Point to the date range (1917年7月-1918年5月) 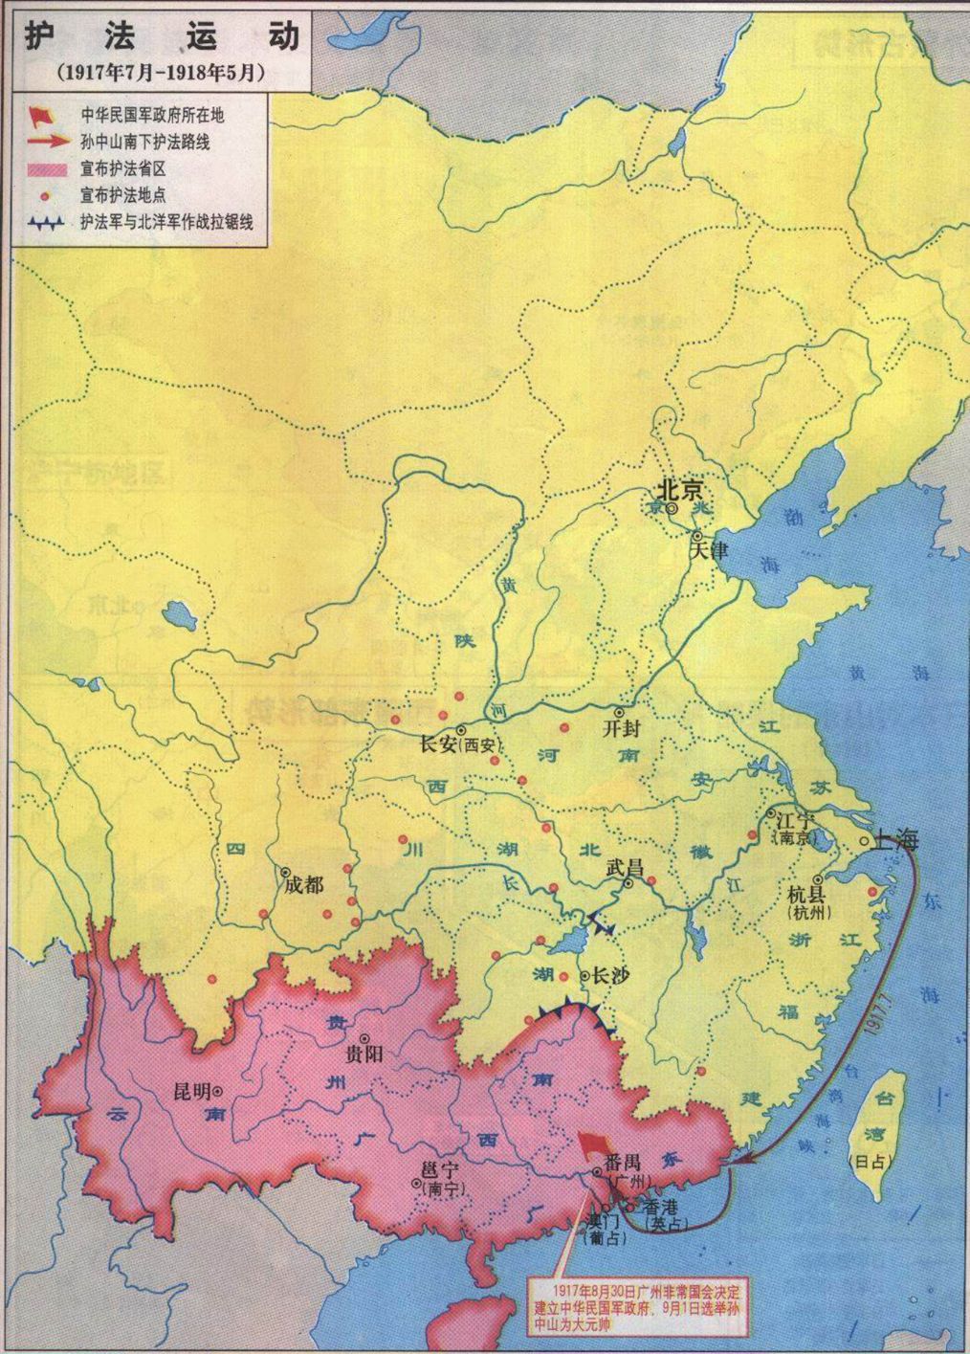coord(161,71)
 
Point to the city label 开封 coord(621,728)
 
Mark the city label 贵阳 coord(364,1055)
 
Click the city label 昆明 coord(190,1090)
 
